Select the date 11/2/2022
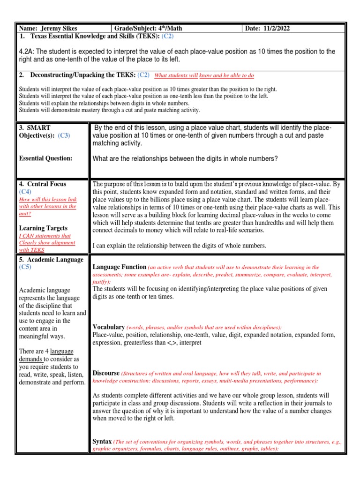click(276, 29)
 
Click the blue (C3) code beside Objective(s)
click(64, 136)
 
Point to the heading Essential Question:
click(45, 158)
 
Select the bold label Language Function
click(120, 267)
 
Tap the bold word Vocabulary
click(108, 327)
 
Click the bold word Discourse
click(106, 373)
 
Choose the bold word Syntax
click(102, 441)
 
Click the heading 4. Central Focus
click(43, 184)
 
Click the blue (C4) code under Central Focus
click(25, 192)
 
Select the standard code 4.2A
click(27, 52)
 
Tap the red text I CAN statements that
click(45, 236)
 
